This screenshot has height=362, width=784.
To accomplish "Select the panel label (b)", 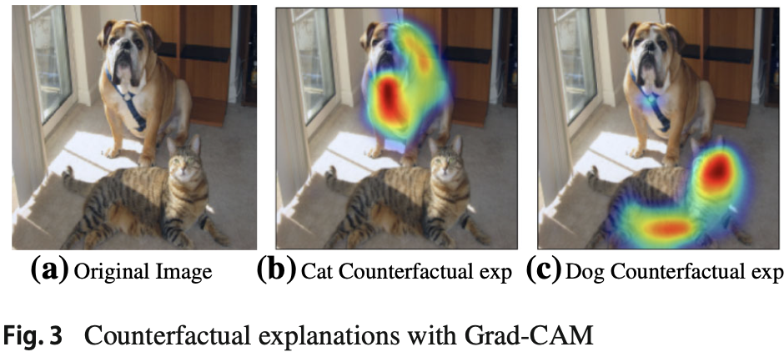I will click(276, 271).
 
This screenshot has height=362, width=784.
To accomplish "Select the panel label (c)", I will click(544, 271).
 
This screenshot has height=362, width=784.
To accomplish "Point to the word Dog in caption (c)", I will click(583, 273).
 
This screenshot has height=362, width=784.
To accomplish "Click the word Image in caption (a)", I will click(188, 273).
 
